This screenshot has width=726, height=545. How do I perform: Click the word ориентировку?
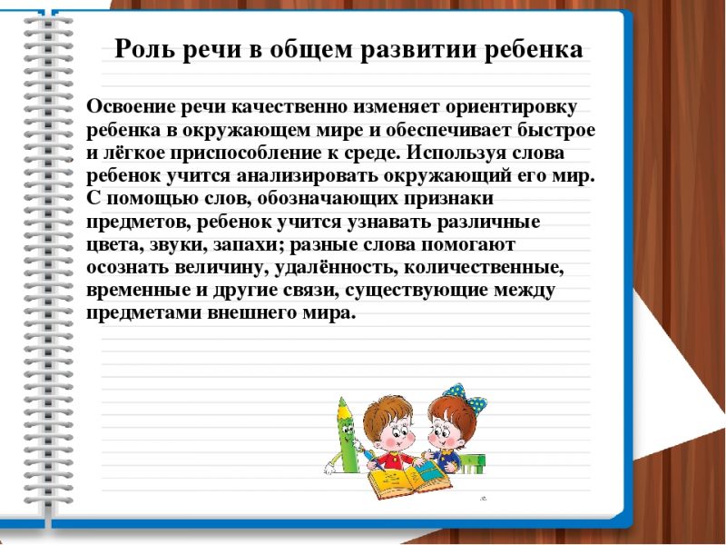(511, 108)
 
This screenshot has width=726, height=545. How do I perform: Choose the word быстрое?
(555, 131)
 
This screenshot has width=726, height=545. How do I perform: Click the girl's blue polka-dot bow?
(466, 396)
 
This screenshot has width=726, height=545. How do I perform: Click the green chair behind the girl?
(472, 463)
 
